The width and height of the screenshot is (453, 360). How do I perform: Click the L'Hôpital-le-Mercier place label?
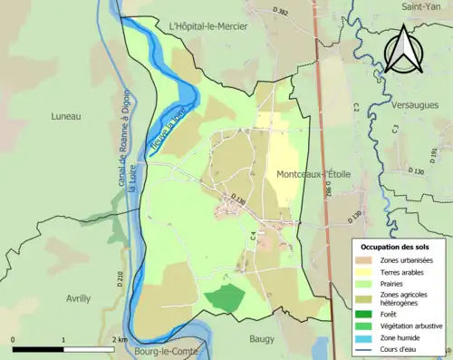click(207, 26)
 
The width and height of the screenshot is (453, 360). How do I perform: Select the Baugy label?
click(264, 338)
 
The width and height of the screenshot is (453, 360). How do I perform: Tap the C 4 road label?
click(253, 238)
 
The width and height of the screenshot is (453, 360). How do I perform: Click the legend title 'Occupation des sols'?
click(395, 247)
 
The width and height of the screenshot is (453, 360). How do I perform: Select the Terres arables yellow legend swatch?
click(367, 271)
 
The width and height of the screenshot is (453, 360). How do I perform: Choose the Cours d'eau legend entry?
click(367, 350)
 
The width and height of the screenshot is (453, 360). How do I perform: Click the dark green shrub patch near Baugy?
click(225, 297)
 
